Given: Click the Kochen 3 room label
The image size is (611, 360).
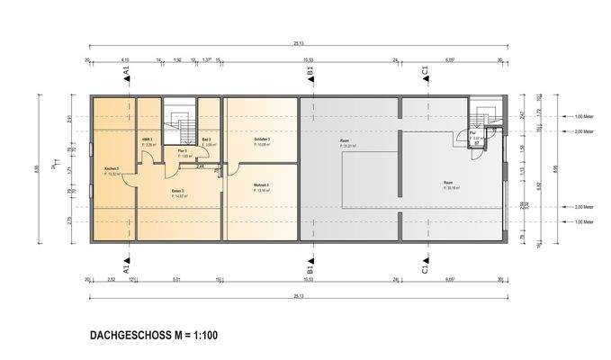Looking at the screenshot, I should tap(112, 170).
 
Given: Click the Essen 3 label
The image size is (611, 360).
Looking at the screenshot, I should tap(177, 192).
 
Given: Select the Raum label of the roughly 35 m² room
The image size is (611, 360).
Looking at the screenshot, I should tap(447, 184).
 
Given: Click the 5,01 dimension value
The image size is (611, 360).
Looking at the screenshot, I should tap(178, 280).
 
